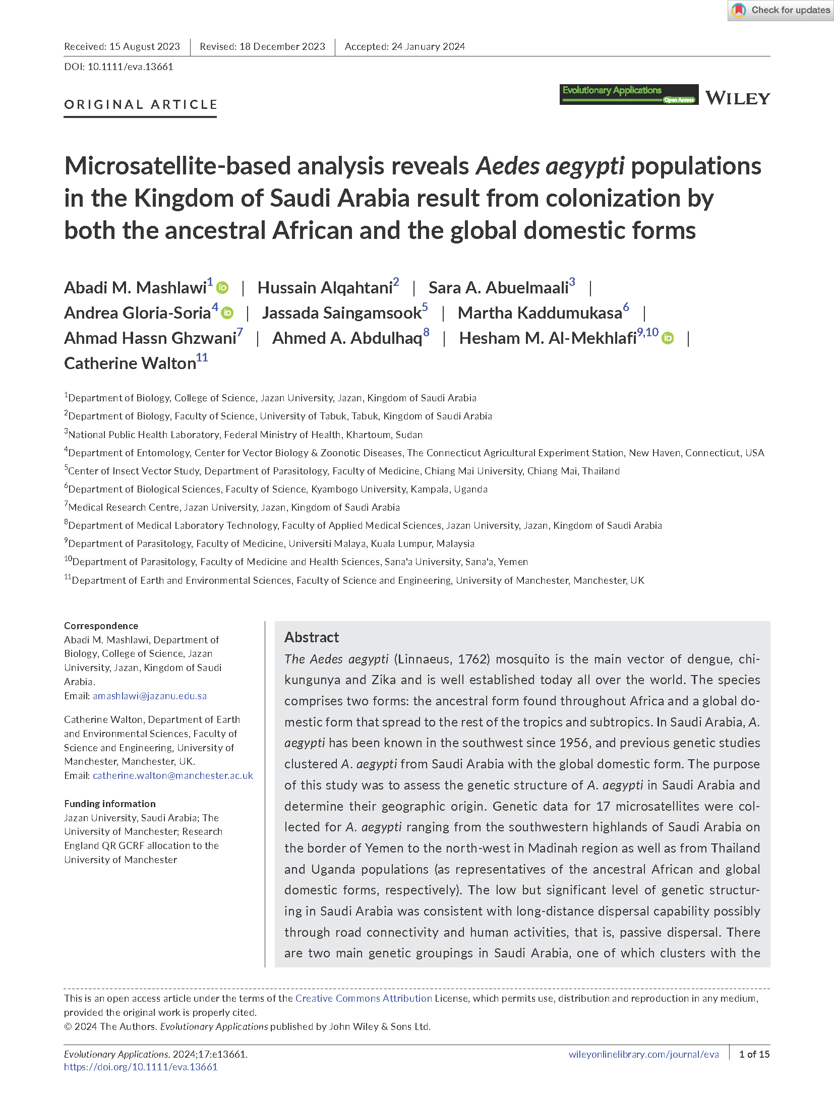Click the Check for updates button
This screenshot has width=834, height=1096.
point(781,10)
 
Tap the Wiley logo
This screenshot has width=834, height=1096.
point(737,98)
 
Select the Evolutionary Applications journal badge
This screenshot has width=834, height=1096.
point(629,94)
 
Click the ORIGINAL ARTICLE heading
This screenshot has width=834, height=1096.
point(141,104)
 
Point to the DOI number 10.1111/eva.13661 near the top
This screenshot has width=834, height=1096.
point(130,67)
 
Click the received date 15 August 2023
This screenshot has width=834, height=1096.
point(144,46)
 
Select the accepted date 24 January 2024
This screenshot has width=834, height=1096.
point(428,46)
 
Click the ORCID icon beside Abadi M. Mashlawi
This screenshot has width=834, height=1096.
point(222,288)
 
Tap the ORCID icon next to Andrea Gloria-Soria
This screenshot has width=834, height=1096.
point(227,313)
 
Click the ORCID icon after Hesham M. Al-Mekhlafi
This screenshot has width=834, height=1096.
point(668,338)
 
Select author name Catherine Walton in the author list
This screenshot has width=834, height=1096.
point(130,363)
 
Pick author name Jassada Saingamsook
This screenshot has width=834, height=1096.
point(341,313)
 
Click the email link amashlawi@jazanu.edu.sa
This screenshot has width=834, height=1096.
point(150,696)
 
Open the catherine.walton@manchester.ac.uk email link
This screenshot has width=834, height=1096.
point(173,775)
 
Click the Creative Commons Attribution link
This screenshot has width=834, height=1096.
point(364,998)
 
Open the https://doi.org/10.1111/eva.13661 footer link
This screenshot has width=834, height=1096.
point(141,1067)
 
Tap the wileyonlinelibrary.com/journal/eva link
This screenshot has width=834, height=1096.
point(643,1054)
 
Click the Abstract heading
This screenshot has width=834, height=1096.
point(312,637)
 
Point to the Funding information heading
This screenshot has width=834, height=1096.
point(110,804)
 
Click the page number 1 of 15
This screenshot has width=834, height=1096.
point(754,1054)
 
